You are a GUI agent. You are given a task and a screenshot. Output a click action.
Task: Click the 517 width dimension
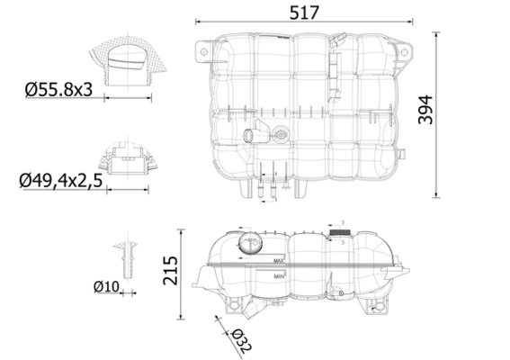[304, 13]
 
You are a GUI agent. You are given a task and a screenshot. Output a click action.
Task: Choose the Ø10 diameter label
[104, 287]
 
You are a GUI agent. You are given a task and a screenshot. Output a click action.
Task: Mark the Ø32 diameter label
[240, 339]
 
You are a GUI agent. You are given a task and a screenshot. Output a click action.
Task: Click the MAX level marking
[279, 261]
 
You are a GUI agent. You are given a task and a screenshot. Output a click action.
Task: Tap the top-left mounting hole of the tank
[204, 53]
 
